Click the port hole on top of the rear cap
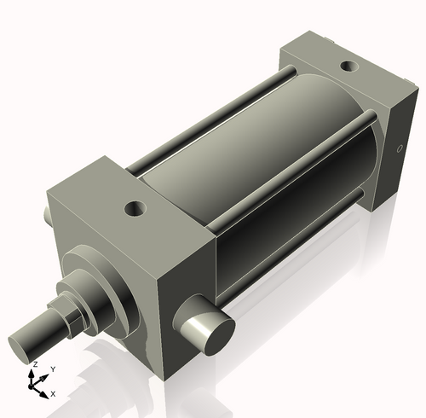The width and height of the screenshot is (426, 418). pos(349,66)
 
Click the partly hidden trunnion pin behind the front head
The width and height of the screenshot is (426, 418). pos(49,215)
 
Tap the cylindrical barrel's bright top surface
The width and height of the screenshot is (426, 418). pos(247,128)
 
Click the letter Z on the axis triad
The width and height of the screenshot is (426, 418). pos(34,364)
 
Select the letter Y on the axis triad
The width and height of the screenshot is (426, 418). pos(52,369)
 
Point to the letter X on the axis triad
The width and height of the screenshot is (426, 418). pos(53,394)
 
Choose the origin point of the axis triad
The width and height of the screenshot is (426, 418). pos(35,385)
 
